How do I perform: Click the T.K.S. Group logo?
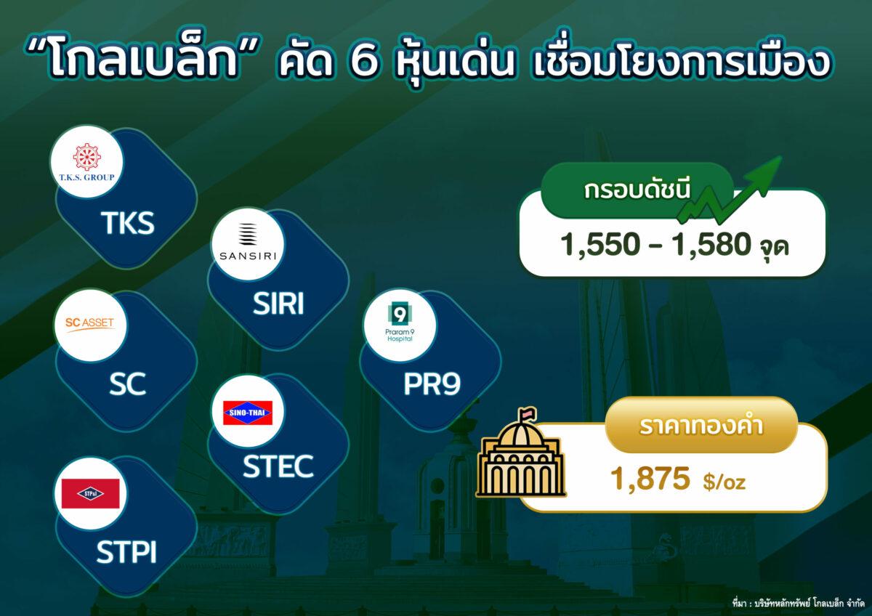pyautogui.click(x=91, y=163)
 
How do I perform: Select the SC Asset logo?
pyautogui.click(x=90, y=325)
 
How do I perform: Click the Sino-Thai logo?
pyautogui.click(x=246, y=413)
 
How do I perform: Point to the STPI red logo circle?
pyautogui.click(x=90, y=493)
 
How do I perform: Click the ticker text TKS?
pyautogui.click(x=128, y=223)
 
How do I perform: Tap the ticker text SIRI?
pyautogui.click(x=278, y=304)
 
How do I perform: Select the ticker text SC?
pyautogui.click(x=127, y=385)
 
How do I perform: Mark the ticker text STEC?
pyautogui.click(x=278, y=466)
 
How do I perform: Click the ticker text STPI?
pyautogui.click(x=127, y=551)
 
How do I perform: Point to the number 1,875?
pyautogui.click(x=650, y=479)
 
